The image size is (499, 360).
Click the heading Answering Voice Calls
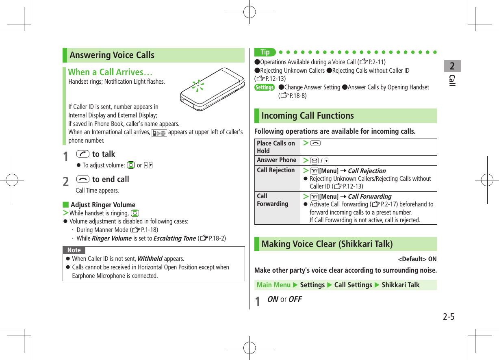(x=112, y=55)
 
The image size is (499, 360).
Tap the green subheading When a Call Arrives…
(x=110, y=72)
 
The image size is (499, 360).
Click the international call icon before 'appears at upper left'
(x=159, y=132)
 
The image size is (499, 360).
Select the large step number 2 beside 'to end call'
(x=66, y=182)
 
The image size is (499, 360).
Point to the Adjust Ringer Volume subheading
(x=103, y=205)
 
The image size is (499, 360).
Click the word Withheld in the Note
(x=150, y=259)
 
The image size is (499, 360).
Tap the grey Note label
(x=74, y=250)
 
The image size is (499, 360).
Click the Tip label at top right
(x=265, y=52)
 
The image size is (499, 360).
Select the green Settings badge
(x=264, y=88)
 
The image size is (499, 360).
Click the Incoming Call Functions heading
(x=307, y=116)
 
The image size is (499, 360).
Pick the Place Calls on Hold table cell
(x=276, y=147)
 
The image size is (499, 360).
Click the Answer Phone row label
(x=276, y=160)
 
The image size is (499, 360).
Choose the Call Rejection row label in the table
(x=276, y=170)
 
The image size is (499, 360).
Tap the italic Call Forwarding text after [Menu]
(x=369, y=197)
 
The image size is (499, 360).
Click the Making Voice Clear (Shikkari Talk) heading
(x=327, y=244)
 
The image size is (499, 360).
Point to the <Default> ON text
(x=417, y=259)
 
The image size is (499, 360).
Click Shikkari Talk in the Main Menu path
(x=400, y=285)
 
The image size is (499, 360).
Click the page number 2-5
(x=448, y=317)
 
